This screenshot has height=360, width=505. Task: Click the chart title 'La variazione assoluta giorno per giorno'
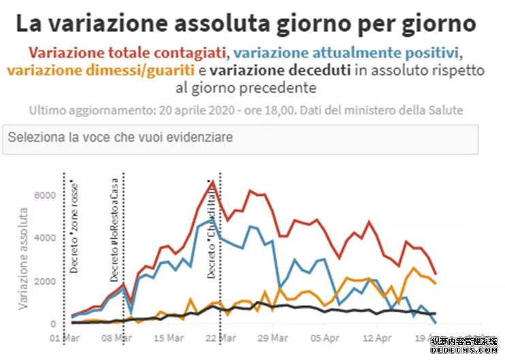click(x=246, y=24)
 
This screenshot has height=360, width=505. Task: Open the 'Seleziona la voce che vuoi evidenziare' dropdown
click(x=240, y=139)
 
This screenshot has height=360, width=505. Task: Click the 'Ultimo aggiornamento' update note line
click(x=246, y=110)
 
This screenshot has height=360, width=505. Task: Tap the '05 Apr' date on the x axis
click(x=323, y=338)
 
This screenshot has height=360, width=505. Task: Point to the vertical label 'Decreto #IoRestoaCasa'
click(x=114, y=231)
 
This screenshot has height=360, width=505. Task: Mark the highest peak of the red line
click(x=213, y=182)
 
